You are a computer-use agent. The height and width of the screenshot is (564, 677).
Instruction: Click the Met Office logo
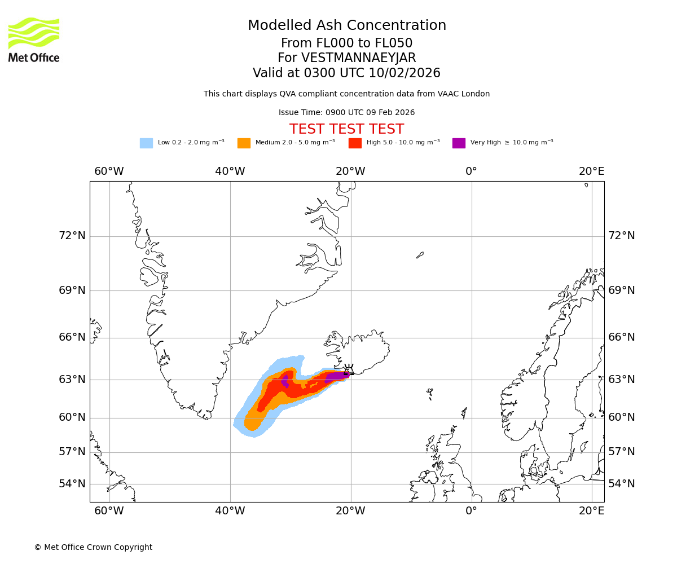click(34, 39)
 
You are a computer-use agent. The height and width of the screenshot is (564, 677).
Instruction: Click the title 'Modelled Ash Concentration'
click(346, 25)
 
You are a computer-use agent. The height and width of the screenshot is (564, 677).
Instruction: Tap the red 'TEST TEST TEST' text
click(346, 129)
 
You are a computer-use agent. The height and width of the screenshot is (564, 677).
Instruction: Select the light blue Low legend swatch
click(146, 143)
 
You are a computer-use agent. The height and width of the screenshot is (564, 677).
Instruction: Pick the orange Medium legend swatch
click(244, 143)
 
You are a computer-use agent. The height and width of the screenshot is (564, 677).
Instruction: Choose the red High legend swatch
click(355, 143)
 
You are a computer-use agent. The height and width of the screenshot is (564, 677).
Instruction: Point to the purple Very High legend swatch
click(459, 143)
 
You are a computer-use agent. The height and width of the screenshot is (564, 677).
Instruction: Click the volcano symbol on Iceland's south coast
click(349, 371)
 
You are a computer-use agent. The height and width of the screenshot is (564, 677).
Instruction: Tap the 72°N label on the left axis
click(72, 235)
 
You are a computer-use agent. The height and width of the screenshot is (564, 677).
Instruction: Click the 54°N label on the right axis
click(621, 483)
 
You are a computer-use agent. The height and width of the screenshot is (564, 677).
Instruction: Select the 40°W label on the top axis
click(230, 171)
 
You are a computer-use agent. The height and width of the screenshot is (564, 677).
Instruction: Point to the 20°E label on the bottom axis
click(591, 511)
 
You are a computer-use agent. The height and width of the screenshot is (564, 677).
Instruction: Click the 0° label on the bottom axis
click(471, 511)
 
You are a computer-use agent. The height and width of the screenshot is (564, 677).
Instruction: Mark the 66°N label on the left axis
click(72, 337)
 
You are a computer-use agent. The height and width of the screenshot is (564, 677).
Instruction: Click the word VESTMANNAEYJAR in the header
click(358, 58)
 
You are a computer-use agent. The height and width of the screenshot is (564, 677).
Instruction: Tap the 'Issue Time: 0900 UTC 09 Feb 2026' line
click(346, 112)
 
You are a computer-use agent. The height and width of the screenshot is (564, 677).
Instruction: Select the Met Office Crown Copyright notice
click(93, 547)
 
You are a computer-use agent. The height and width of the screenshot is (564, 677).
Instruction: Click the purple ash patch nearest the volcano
click(337, 376)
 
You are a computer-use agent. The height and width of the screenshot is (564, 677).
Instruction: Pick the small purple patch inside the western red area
click(285, 381)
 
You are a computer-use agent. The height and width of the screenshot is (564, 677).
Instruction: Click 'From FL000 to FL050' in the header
click(346, 43)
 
